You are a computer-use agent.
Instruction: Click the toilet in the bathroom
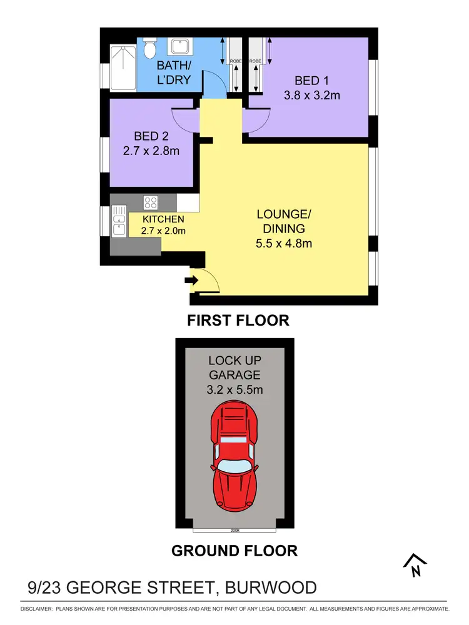coord(149,48)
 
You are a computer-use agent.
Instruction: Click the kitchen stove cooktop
coord(151,202)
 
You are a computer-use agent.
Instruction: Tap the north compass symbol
coord(415,566)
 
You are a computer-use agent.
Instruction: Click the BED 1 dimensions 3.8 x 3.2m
coord(317,96)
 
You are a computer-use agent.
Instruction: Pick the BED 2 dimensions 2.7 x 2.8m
coord(151,151)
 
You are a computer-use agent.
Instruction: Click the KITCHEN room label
coord(163,219)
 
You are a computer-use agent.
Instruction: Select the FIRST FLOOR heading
coord(238,321)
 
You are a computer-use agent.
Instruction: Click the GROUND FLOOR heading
coord(234,551)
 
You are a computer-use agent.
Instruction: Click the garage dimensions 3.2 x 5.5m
coord(234,390)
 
